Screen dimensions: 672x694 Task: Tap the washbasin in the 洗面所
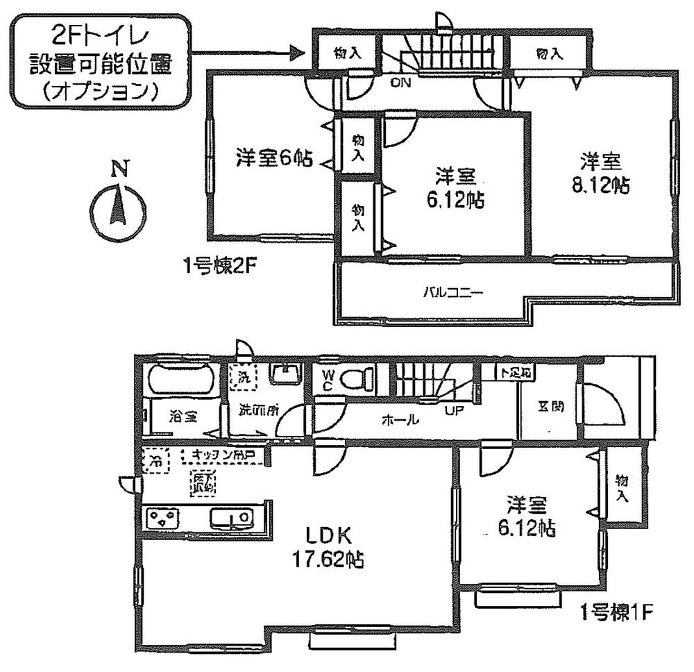click(x=284, y=376)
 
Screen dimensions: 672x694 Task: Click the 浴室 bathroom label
click(x=183, y=417)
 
